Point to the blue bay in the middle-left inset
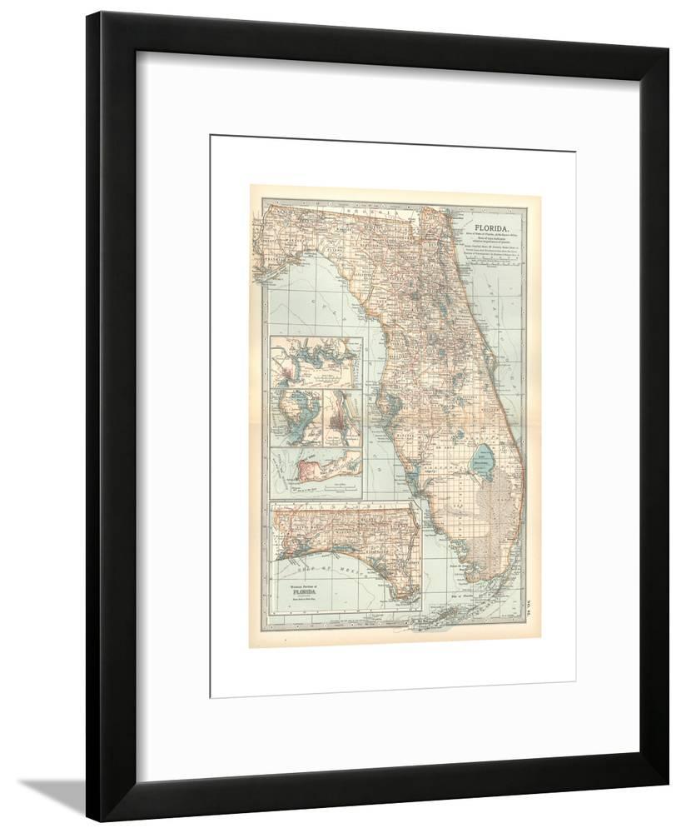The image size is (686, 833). tap(296, 416)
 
